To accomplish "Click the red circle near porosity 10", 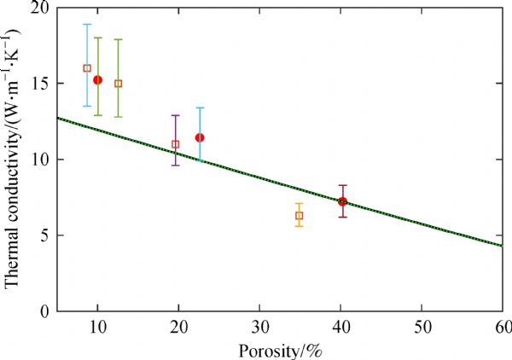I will coord(97,79).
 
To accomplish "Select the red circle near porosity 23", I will coord(200,137).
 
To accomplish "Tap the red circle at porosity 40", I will coord(342,202).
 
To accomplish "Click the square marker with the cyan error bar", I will coord(87,68).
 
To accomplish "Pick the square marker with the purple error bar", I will coord(176,144).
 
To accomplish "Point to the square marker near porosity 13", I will coord(119,84).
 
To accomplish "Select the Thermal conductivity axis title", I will coord(12,160).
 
